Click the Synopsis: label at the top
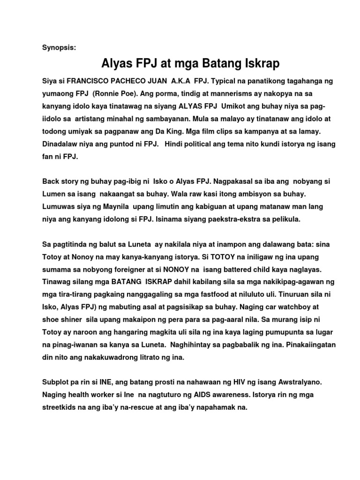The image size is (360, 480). (59, 48)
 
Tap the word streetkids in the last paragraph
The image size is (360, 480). (60, 407)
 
